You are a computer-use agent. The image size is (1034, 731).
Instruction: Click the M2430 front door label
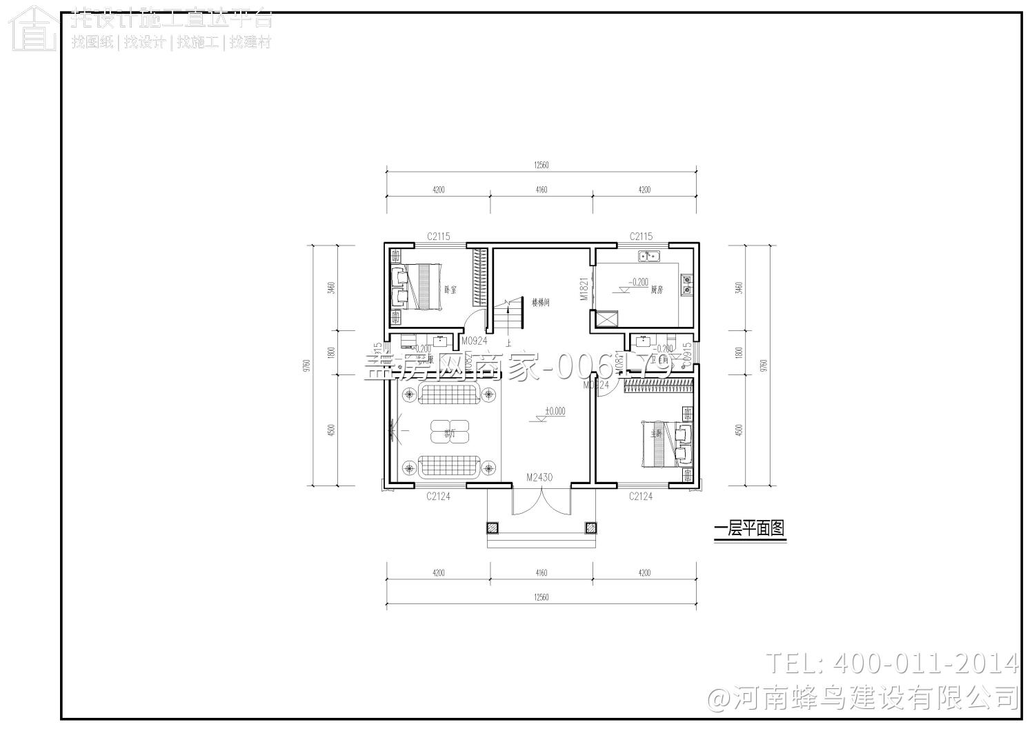539,477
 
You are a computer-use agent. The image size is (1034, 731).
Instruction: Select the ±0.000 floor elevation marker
555,411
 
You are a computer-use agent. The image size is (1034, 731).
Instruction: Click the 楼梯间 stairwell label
540,302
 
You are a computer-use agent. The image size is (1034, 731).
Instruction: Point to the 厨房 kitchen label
656,290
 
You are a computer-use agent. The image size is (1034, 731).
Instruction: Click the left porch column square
492,528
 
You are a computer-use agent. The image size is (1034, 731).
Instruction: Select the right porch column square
590,528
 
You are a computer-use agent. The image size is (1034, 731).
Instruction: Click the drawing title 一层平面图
749,529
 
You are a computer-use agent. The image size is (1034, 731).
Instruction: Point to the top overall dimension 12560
541,166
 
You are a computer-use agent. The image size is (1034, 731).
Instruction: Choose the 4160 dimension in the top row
541,190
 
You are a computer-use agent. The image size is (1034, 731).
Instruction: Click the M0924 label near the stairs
474,341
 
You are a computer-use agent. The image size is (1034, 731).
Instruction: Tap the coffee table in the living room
450,432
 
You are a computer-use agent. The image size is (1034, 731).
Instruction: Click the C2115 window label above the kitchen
641,237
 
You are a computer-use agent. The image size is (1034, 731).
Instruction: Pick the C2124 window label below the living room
438,496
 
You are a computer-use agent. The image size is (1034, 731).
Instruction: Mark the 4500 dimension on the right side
739,430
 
